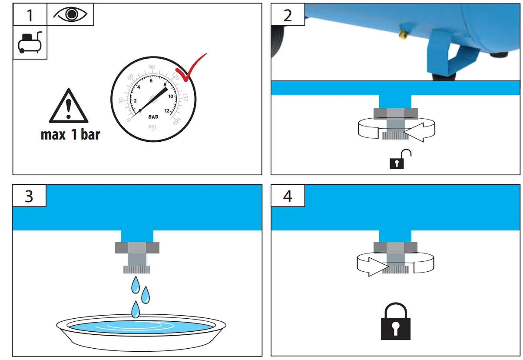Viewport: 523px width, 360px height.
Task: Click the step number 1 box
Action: click(30, 15)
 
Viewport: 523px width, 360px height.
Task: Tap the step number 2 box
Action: click(288, 15)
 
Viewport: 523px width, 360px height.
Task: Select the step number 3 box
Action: click(29, 196)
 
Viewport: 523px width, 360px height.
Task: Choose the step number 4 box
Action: click(288, 196)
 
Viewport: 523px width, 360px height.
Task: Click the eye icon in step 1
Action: click(70, 14)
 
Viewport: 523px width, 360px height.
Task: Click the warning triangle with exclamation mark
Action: click(69, 107)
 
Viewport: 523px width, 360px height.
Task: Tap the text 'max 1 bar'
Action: click(70, 134)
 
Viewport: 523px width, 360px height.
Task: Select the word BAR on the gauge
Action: click(153, 117)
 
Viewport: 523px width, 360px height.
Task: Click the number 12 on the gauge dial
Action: click(167, 110)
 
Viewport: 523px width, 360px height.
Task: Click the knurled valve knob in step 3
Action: click(137, 270)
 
